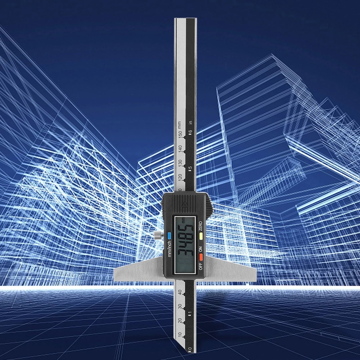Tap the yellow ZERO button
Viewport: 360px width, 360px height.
[x=201, y=236]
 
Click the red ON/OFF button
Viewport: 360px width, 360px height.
[x=201, y=257]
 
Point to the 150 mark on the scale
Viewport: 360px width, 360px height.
[x=180, y=134]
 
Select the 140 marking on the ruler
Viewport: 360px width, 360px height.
[x=180, y=148]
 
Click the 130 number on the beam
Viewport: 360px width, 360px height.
[x=180, y=163]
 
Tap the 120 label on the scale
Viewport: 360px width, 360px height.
[x=180, y=177]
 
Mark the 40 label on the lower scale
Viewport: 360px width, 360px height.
[x=180, y=292]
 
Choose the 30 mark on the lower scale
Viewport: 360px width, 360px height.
[x=180, y=306]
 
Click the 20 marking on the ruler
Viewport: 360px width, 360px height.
[x=180, y=321]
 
